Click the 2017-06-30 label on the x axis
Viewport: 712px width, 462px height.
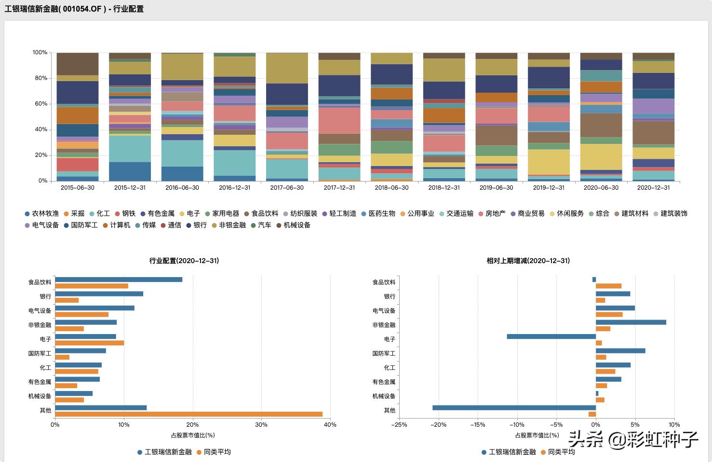(287, 188)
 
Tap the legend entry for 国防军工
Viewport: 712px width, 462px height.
(84, 225)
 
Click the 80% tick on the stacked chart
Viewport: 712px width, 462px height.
(40, 78)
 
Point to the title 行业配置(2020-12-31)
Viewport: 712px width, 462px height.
(184, 261)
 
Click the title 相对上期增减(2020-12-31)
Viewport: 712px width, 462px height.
(528, 261)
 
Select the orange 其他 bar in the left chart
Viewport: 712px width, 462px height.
(188, 414)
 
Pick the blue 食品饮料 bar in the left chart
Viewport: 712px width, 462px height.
(119, 280)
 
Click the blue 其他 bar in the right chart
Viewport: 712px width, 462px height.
(514, 407)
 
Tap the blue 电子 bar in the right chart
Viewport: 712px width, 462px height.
(551, 336)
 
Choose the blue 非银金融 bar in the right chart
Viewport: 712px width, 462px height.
(631, 322)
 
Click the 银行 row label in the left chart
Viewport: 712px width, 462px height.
(45, 296)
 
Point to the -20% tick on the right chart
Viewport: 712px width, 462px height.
(438, 425)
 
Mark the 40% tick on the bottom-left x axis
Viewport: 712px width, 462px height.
(330, 425)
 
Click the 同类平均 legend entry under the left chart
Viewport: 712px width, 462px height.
(217, 452)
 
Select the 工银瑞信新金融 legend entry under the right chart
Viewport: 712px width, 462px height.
(512, 452)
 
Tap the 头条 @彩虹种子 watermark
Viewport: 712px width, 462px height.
(633, 439)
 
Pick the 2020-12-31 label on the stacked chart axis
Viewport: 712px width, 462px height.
(653, 188)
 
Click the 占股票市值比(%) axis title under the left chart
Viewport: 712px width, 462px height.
(193, 435)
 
